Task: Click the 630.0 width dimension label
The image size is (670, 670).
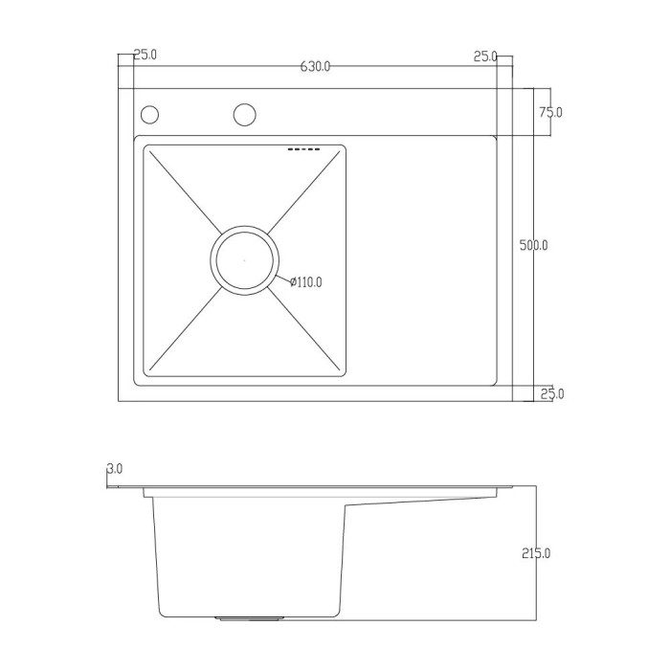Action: click(315, 67)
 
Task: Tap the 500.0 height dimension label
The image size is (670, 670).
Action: click(533, 245)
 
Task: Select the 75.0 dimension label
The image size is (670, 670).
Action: click(550, 112)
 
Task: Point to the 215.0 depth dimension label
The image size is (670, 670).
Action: click(536, 553)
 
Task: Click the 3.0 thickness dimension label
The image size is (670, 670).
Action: click(114, 469)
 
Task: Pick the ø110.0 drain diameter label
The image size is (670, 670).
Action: click(305, 282)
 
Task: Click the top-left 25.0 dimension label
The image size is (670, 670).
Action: click(145, 55)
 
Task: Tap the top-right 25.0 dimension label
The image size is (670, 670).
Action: click(485, 56)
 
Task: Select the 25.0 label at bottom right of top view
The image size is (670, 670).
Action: click(552, 393)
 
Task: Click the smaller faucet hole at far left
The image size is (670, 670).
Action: click(149, 115)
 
